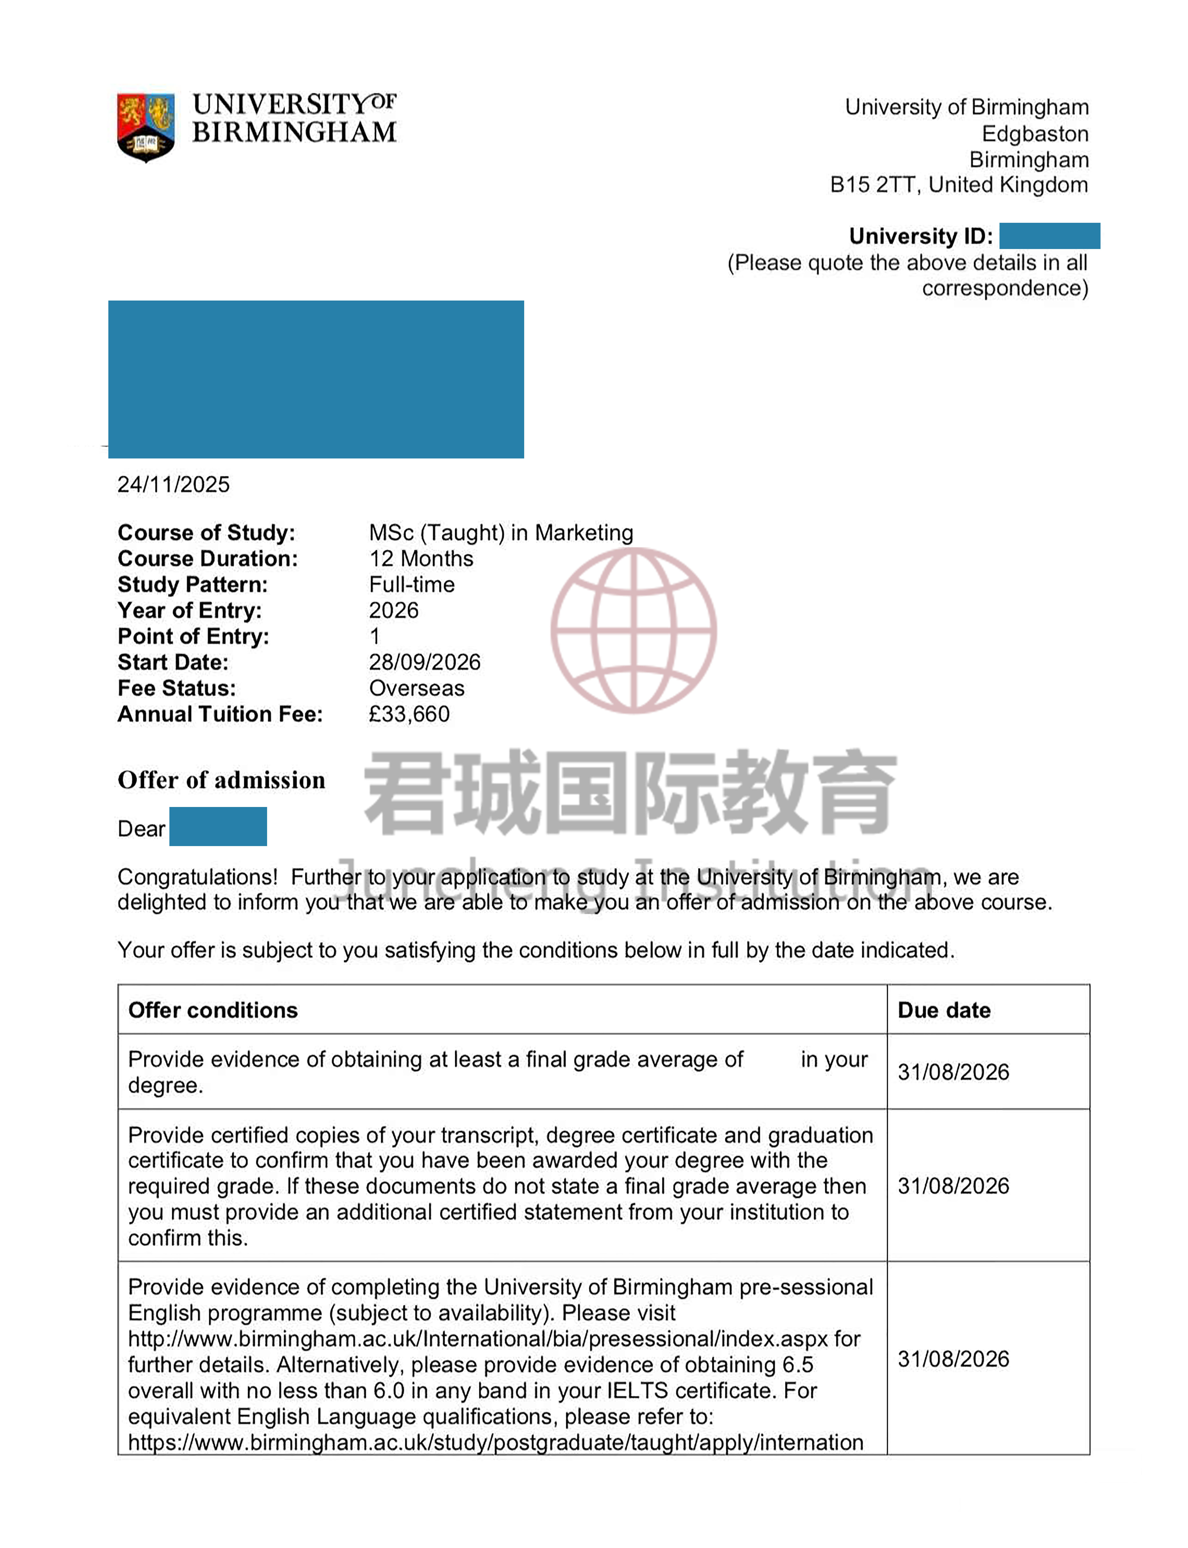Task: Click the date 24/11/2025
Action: pos(173,485)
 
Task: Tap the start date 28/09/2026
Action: pos(424,662)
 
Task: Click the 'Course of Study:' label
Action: pos(206,533)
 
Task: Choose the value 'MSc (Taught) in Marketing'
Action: pos(501,533)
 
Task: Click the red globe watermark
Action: pos(634,630)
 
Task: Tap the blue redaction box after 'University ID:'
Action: pos(1049,236)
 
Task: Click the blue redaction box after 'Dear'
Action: pos(218,826)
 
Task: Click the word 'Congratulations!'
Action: pos(197,877)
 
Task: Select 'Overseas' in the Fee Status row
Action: pos(416,688)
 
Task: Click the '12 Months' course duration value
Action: pos(421,559)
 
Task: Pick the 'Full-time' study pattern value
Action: pos(412,584)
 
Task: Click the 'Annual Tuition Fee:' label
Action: pos(220,714)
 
